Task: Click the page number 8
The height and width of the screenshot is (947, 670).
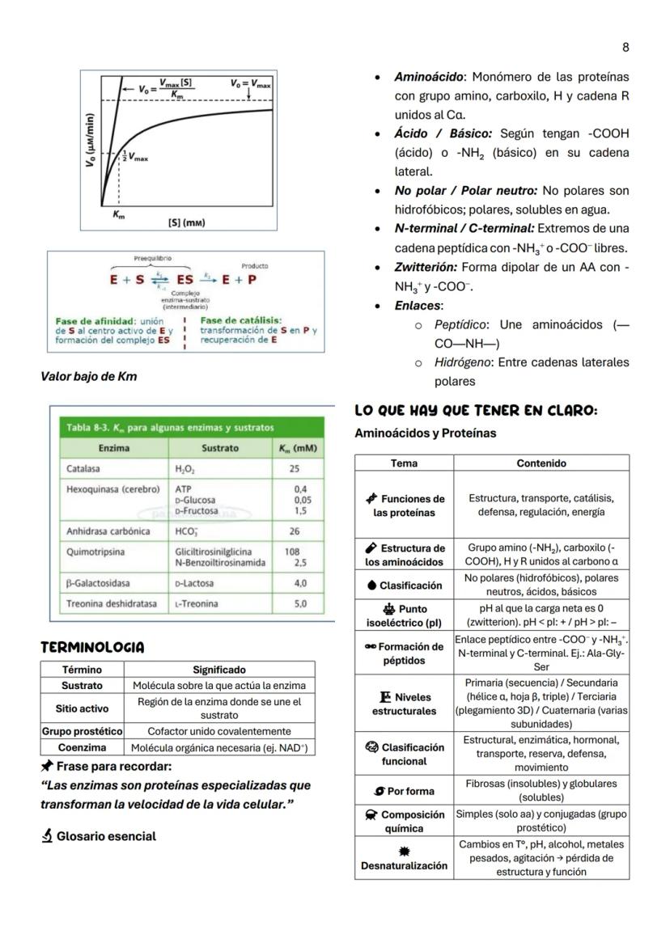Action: pyautogui.click(x=625, y=47)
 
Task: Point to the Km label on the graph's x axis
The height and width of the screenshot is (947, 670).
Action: pyautogui.click(x=118, y=216)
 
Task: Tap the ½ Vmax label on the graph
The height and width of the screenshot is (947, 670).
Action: pyautogui.click(x=135, y=157)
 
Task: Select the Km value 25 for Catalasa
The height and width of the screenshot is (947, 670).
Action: pyautogui.click(x=296, y=468)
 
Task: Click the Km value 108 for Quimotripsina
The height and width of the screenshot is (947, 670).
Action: pyautogui.click(x=292, y=552)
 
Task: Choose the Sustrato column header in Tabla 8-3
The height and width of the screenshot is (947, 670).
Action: pyautogui.click(x=220, y=447)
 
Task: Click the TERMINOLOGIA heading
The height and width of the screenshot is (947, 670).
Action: pyautogui.click(x=92, y=647)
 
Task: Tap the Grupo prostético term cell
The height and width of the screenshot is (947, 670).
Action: pyautogui.click(x=82, y=731)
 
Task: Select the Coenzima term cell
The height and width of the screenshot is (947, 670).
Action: pyautogui.click(x=82, y=748)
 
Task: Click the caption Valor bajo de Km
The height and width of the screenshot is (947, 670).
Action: pyautogui.click(x=89, y=375)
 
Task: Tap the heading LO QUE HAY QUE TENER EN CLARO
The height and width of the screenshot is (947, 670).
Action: pyautogui.click(x=476, y=411)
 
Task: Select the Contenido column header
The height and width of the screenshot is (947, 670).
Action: pyautogui.click(x=541, y=463)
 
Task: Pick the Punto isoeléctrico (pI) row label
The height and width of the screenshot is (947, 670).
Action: pyautogui.click(x=404, y=615)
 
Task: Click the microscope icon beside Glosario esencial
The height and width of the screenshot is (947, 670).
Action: pyautogui.click(x=47, y=836)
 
